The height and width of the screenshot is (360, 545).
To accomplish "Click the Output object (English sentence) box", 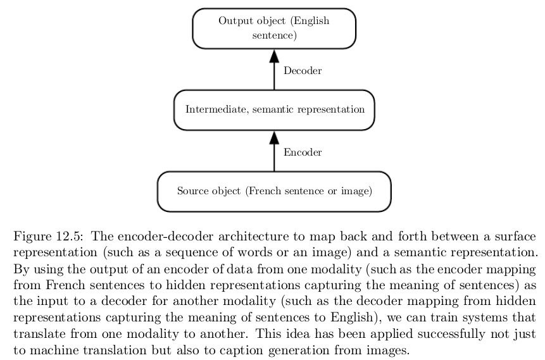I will [274, 28].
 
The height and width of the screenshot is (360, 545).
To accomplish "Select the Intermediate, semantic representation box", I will [274, 109].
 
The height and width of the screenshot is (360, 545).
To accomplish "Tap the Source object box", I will [274, 191].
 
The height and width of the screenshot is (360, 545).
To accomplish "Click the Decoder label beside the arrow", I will [303, 71].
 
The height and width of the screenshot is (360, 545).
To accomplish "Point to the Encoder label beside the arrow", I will [303, 152].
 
